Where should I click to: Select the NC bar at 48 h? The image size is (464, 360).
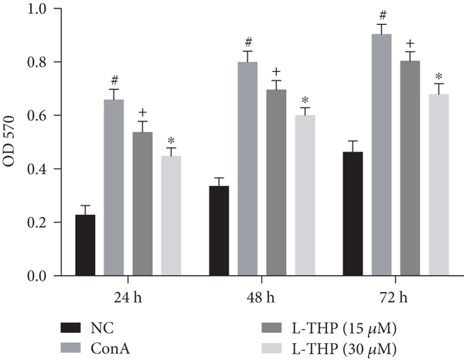pyautogui.click(x=219, y=230)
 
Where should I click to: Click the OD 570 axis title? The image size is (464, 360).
pyautogui.click(x=10, y=143)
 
